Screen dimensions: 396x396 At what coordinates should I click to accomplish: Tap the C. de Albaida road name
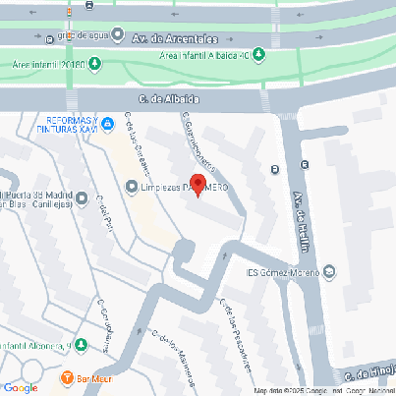click(x=170, y=99)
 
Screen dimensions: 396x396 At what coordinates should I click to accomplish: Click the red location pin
click(x=198, y=184)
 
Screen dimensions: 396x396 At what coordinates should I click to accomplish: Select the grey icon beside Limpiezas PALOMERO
click(x=132, y=186)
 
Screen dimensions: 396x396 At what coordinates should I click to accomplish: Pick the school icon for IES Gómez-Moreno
click(x=329, y=272)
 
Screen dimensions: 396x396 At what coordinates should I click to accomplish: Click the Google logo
click(x=20, y=387)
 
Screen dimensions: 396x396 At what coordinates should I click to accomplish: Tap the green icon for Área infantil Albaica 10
click(x=259, y=53)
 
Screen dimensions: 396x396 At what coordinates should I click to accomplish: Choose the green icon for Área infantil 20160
click(x=93, y=65)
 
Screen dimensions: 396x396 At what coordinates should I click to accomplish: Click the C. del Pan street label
click(x=105, y=208)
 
